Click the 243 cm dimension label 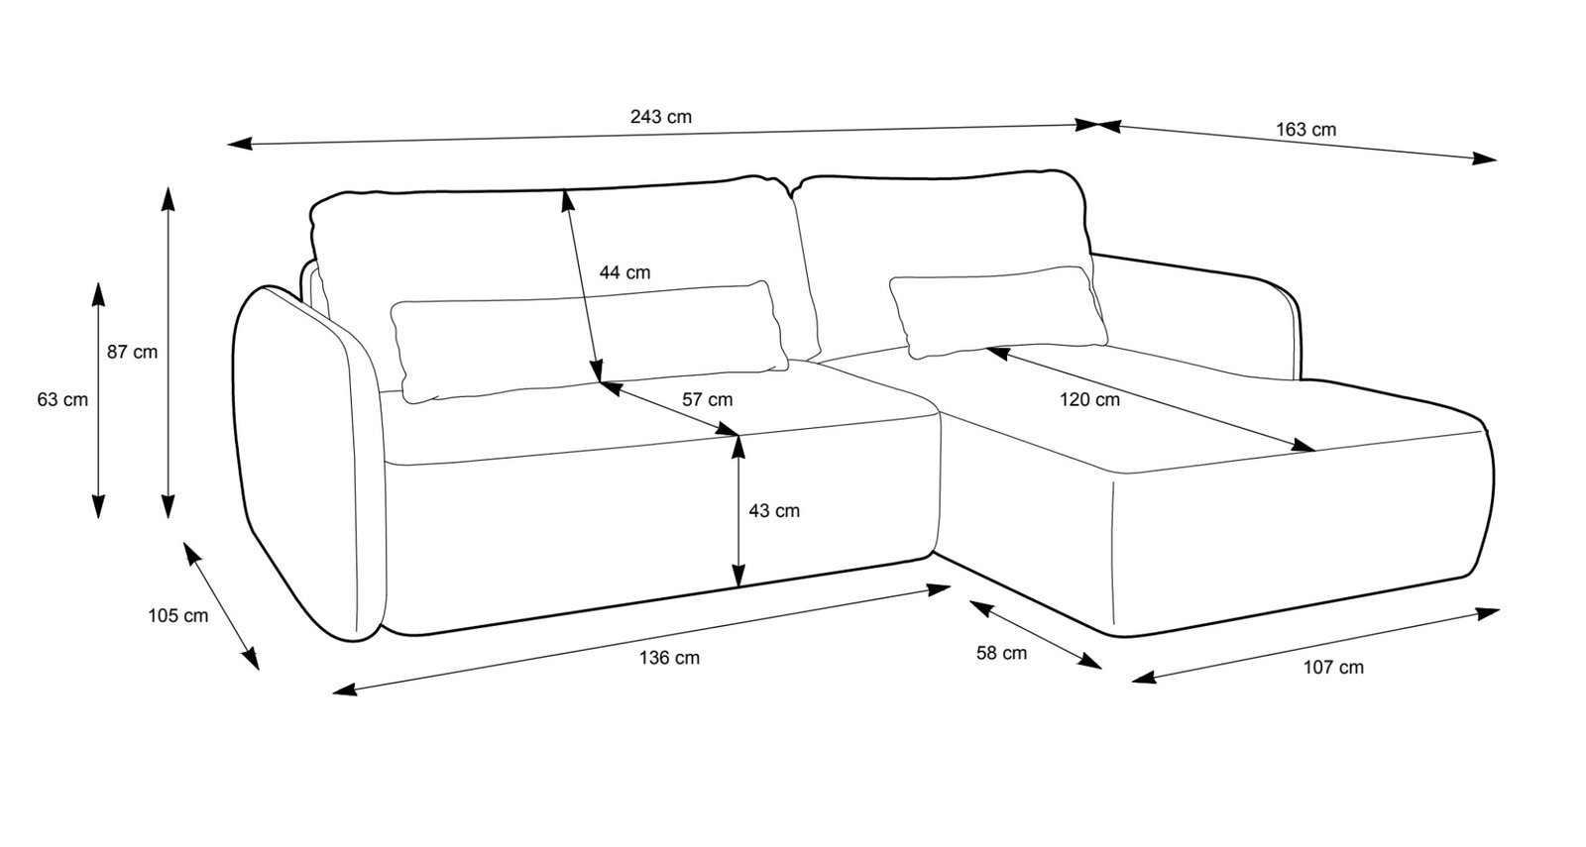coord(660,117)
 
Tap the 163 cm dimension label coord(1305,130)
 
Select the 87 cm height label coord(132,352)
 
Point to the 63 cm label coord(62,400)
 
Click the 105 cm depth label coord(178,615)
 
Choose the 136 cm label coord(669,658)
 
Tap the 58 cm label coord(1001,653)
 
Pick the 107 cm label coord(1332,667)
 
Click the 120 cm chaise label coord(1089,400)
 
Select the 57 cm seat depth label coord(707,400)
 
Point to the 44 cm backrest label coord(624,272)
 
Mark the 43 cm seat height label coord(773,511)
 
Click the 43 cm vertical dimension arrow coord(737,535)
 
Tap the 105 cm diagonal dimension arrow coord(220,604)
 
